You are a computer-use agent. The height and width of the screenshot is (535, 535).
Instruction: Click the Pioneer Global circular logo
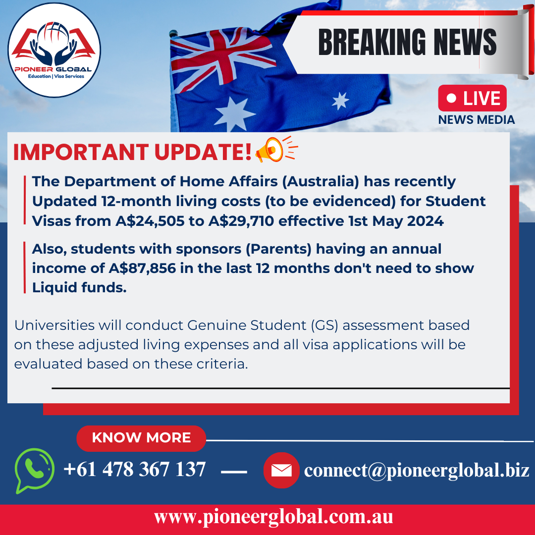point(54,50)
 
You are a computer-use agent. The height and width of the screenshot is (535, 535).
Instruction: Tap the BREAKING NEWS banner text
point(407,42)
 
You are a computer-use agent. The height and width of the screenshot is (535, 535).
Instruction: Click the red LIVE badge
point(472,98)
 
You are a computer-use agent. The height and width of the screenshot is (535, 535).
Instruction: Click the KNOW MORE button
point(141,438)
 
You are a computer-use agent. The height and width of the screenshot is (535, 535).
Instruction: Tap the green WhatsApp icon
point(34,469)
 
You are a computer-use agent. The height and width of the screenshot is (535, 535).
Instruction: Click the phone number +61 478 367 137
point(134,469)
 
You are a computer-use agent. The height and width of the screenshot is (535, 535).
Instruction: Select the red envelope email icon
point(281,470)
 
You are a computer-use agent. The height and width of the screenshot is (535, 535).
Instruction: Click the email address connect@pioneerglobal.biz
point(417,470)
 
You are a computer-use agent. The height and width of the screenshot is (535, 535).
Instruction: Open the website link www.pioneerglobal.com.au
point(273,517)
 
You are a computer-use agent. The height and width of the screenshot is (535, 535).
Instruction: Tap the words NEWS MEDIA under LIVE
point(476,120)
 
